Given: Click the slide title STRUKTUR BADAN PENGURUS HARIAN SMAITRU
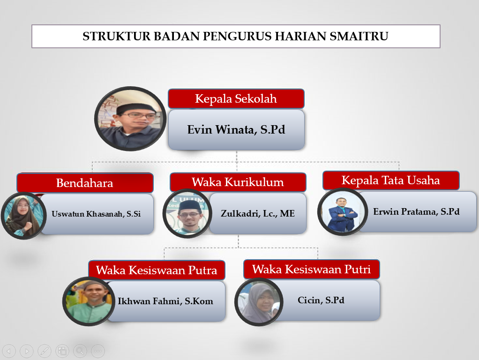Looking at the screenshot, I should [236, 36].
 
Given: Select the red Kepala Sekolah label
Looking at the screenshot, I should [236, 99].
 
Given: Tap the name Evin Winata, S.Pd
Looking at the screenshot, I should [236, 129].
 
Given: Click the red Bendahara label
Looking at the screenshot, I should [85, 183].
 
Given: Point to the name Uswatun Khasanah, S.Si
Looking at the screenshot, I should [96, 214].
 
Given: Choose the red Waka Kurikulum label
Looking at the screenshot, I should [238, 182].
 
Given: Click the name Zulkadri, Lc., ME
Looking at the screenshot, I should [258, 213].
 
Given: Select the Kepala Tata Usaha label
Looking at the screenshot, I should [391, 180].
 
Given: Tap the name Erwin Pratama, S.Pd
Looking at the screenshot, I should [416, 211].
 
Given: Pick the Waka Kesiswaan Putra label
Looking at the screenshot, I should [157, 270].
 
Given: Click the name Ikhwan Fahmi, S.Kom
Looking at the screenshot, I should [165, 301].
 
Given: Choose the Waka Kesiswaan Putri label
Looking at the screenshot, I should [311, 269].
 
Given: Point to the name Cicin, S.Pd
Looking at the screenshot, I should [321, 300].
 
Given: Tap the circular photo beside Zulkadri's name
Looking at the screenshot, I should [187, 214].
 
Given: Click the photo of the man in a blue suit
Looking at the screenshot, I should [341, 212].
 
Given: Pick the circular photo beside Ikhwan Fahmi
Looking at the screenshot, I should [88, 301].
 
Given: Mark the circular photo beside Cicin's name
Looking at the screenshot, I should [259, 302].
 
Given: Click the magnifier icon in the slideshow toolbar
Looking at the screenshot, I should [80, 351].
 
